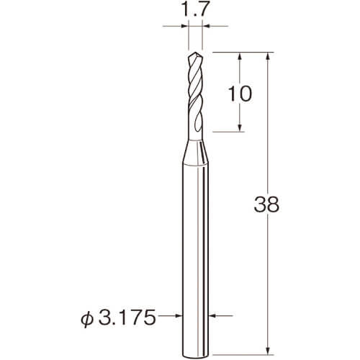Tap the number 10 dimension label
[240, 94]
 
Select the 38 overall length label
[266, 204]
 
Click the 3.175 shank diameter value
[127, 317]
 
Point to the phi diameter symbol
[86, 318]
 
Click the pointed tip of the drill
[195, 53]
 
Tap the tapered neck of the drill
[195, 153]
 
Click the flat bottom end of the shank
[195, 354]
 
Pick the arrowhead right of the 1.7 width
[206, 26]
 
